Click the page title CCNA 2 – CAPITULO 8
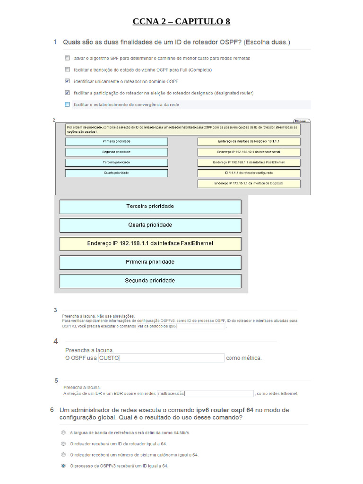pos(181,21)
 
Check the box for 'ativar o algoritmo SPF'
pos(67,58)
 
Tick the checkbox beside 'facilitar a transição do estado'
pos(67,69)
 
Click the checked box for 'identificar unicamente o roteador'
pos(67,81)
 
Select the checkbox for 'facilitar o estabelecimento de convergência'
pos(67,104)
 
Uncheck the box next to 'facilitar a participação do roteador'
pos(67,93)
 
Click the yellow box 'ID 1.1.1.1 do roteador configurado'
pos(249,173)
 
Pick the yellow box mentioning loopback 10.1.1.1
pos(249,141)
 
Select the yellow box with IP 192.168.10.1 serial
pos(249,152)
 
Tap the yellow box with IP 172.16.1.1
pos(249,183)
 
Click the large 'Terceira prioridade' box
pos(150,207)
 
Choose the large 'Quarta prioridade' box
pos(150,225)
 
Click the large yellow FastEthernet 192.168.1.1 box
pos(150,243)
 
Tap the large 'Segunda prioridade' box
pos(150,281)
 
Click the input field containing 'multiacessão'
pos(205,393)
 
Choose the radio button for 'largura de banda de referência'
pos(63,432)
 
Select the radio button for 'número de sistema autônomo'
pos(63,455)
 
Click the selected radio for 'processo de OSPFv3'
pos(63,466)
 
